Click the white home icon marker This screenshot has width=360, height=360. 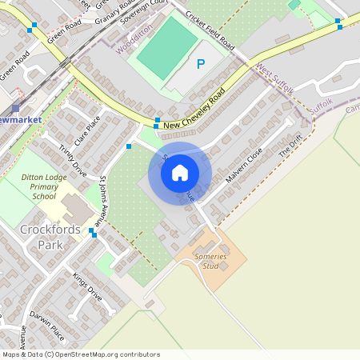180,172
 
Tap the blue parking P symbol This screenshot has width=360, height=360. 200,64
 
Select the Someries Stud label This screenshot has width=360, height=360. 211,261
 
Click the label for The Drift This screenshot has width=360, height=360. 290,146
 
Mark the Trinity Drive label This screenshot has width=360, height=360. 73,158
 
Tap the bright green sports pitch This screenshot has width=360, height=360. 167,48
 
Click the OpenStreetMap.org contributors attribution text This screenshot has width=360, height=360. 107,354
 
